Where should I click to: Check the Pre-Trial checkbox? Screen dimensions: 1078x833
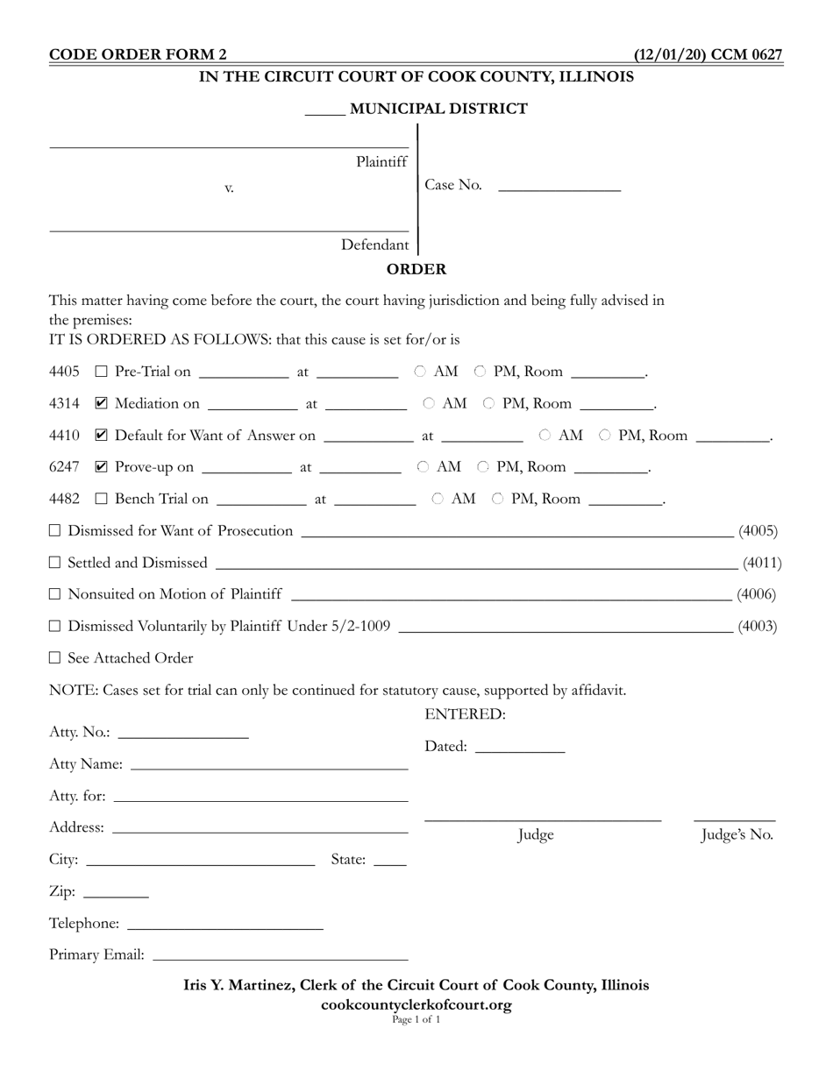pos(101,372)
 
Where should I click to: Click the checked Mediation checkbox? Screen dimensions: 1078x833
pos(101,404)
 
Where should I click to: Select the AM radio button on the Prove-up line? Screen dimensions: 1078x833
pos(424,467)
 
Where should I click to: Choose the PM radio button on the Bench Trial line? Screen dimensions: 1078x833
pos(498,499)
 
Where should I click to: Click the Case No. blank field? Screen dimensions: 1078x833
pos(559,185)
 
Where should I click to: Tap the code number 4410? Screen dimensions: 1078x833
pos(64,436)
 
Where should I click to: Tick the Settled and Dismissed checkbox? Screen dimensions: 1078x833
pos(55,563)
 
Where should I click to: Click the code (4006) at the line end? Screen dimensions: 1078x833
pos(756,594)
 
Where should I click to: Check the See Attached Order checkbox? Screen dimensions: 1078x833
pos(55,657)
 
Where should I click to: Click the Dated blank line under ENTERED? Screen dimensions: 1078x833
pos(519,747)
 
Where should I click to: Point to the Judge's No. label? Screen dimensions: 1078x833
pos(737,835)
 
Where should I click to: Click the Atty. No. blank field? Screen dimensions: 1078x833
pos(183,733)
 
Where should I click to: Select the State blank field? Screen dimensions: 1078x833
pos(390,860)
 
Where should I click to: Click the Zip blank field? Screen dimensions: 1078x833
pos(117,892)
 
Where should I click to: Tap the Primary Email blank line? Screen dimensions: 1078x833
pos(281,955)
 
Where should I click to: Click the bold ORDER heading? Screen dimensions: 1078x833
pos(416,269)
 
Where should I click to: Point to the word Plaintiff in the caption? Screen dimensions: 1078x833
pos(381,162)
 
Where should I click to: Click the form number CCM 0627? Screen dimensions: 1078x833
pos(746,55)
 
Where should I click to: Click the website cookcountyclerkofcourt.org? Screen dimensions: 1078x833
pos(416,1004)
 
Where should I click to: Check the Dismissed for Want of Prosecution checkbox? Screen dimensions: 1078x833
pos(55,530)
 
